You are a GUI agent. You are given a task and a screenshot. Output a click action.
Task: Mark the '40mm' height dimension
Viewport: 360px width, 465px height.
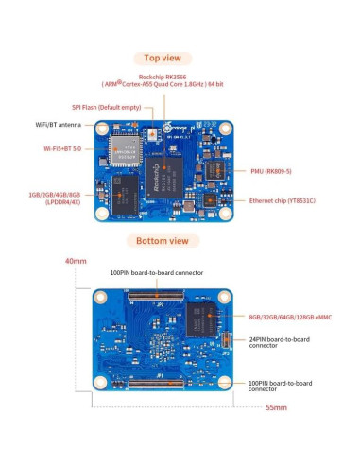pyautogui.click(x=76, y=261)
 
